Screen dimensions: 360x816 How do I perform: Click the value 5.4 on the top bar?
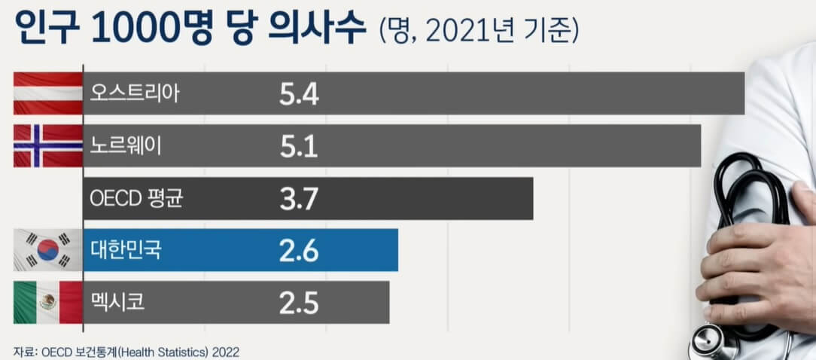(x=299, y=94)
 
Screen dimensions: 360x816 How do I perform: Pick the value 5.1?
(x=299, y=146)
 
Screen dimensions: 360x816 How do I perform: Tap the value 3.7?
(x=299, y=199)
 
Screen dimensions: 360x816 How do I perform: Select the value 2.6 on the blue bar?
(x=299, y=251)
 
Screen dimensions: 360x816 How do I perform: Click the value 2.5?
(x=299, y=303)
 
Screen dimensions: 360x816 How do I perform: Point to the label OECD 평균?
(x=135, y=198)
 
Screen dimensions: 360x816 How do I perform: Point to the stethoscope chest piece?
(x=712, y=343)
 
